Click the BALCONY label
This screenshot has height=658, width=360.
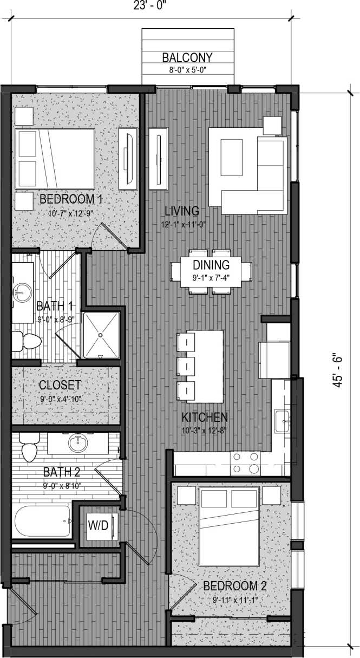tap(187, 58)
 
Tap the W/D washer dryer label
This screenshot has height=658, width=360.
tap(98, 525)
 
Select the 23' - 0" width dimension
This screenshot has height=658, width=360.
tap(150, 5)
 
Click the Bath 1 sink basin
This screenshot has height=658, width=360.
tap(22, 293)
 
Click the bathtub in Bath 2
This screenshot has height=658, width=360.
tap(42, 522)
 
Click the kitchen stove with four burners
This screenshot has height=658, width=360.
tap(245, 464)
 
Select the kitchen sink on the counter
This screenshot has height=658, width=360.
tap(282, 421)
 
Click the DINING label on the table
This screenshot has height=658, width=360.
tap(211, 265)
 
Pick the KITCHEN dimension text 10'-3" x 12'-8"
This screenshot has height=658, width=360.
tap(205, 432)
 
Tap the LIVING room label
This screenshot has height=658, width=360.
tap(182, 211)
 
